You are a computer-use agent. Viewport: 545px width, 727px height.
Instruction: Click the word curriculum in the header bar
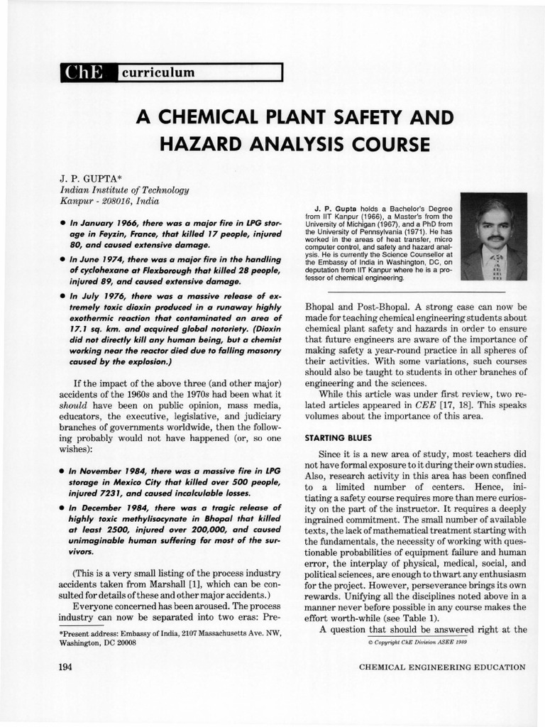point(158,72)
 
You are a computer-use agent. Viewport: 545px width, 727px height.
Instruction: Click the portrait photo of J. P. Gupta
point(494,236)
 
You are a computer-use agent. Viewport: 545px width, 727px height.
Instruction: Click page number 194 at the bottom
point(69,667)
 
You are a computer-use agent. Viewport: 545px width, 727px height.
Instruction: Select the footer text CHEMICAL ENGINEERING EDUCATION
point(442,667)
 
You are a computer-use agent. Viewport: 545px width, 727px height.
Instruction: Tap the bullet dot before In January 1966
point(63,223)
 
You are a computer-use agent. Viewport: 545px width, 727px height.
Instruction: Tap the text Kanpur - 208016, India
point(109,202)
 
